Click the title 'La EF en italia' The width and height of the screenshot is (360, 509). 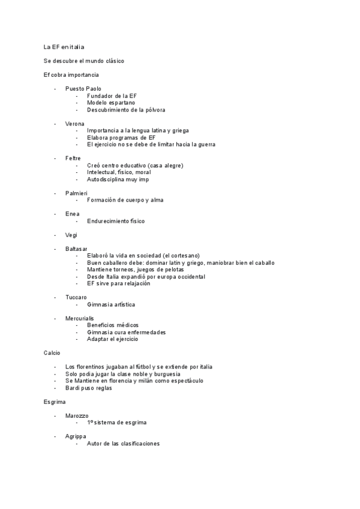click(68, 46)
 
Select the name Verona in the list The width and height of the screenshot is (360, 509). click(75, 124)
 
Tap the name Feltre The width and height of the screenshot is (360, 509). click(73, 158)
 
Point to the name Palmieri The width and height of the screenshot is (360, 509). click(77, 193)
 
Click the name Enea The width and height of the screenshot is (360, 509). click(72, 214)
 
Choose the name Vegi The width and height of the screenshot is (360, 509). click(71, 235)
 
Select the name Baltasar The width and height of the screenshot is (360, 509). click(76, 248)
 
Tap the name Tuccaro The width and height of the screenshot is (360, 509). click(76, 297)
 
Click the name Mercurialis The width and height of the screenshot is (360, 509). click(80, 318)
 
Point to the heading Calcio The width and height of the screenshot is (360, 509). click(52, 353)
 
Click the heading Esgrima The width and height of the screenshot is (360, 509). click(55, 402)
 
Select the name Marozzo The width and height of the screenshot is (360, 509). click(77, 415)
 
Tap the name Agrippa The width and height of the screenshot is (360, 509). click(76, 436)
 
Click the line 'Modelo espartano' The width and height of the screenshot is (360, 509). click(111, 103)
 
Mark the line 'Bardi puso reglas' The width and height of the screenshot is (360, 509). click(89, 388)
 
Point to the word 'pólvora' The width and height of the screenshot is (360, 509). click(153, 110)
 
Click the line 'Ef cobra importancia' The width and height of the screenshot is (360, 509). click(71, 75)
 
